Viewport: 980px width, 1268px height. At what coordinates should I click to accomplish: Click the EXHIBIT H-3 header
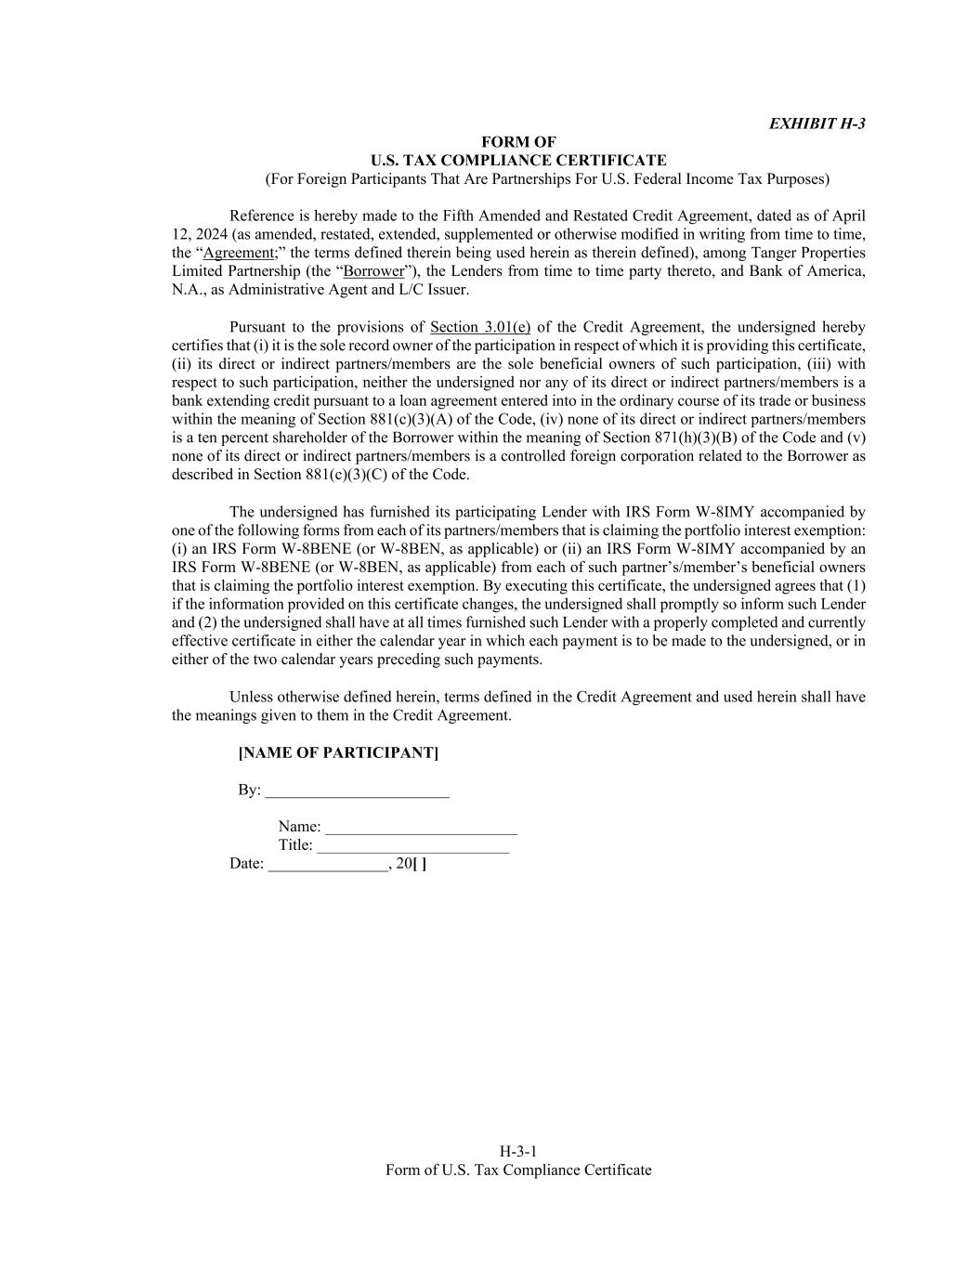[817, 124]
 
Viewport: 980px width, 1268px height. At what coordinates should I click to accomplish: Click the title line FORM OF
[518, 142]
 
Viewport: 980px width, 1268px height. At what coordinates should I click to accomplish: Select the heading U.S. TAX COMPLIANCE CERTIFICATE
[518, 161]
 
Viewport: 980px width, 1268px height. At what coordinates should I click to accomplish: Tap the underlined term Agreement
[238, 253]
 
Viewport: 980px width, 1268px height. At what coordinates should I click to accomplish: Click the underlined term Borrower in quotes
[374, 271]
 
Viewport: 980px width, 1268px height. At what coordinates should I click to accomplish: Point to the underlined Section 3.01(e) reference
[480, 327]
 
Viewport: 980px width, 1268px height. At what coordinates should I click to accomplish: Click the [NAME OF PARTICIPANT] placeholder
[338, 752]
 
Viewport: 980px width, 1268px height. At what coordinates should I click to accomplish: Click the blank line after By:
[357, 791]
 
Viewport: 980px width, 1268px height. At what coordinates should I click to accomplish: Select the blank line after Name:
[421, 829]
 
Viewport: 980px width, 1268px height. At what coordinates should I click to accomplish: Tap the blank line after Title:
[412, 847]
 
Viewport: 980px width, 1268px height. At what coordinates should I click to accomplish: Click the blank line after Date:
[328, 866]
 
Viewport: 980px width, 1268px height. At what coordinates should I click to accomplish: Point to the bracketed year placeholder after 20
[420, 864]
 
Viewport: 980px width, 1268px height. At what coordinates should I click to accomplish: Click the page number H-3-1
[518, 1152]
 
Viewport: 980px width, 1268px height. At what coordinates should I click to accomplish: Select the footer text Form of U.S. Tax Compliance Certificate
[518, 1170]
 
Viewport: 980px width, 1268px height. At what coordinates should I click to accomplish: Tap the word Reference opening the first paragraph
[262, 216]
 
